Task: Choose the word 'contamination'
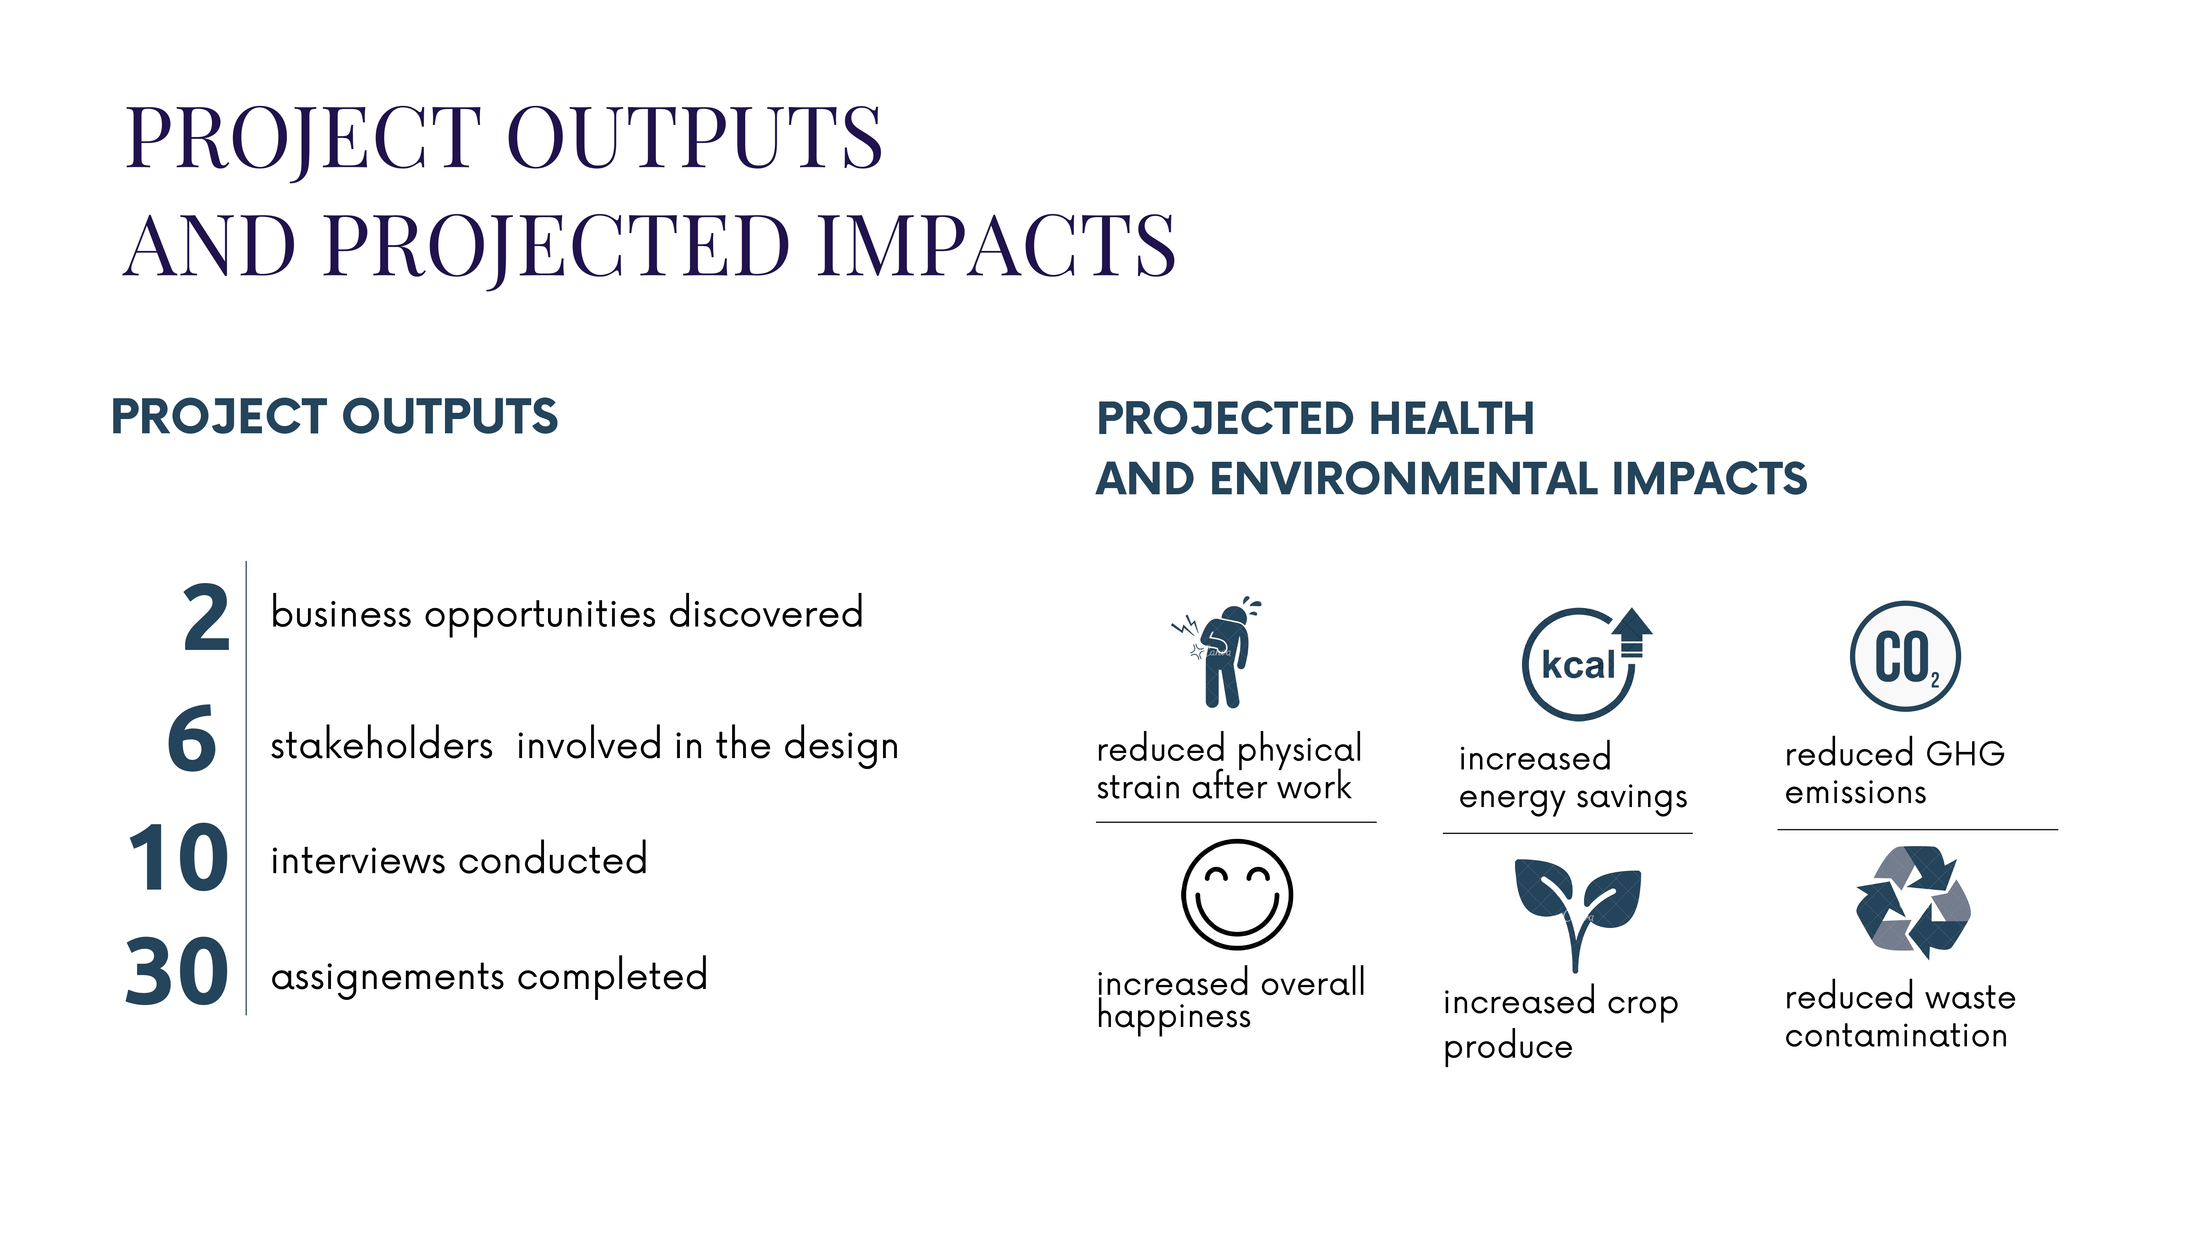tap(1896, 1036)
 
